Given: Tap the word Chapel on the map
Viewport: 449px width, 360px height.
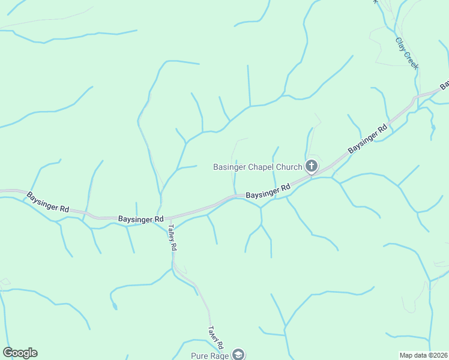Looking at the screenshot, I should tap(261, 167).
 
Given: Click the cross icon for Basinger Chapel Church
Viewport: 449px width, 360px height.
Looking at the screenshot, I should tap(312, 166).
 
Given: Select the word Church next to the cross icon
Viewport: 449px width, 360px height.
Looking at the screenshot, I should tap(289, 167).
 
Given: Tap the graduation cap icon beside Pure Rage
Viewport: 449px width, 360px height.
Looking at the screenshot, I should tap(238, 355).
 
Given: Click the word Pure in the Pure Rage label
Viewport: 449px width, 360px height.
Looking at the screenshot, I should tap(200, 356).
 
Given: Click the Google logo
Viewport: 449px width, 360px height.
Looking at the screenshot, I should tap(20, 353).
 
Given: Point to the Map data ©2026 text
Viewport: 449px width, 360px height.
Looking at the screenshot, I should tap(423, 355).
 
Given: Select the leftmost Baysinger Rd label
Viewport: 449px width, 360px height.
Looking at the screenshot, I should tap(47, 202).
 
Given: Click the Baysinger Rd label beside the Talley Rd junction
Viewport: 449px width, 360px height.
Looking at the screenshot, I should tap(140, 220).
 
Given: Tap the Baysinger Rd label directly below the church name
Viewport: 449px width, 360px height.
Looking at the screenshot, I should tap(268, 192).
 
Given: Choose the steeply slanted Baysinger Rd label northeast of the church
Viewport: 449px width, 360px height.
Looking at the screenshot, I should tap(367, 140).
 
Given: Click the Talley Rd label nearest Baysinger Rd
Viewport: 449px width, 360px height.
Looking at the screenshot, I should tap(173, 238).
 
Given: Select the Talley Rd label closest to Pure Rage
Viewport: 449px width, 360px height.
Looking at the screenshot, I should tap(215, 338).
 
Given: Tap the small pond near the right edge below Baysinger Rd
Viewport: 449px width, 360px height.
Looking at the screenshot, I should tap(433, 127).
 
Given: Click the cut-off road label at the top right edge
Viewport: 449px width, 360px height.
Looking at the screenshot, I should tap(445, 85).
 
